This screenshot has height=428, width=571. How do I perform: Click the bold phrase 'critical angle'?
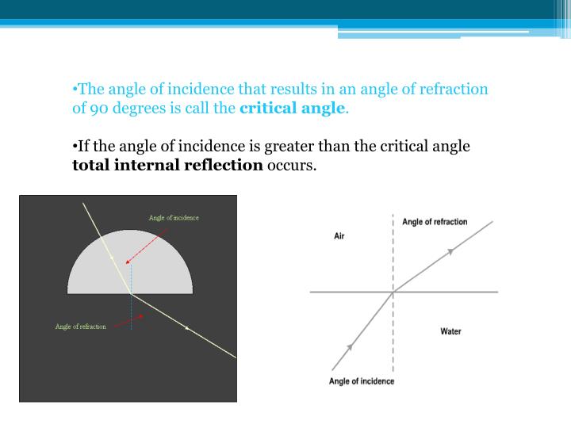(293, 109)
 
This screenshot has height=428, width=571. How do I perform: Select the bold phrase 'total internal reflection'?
(167, 166)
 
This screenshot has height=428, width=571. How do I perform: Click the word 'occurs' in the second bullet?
(291, 166)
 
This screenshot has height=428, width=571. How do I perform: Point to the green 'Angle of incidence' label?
(174, 218)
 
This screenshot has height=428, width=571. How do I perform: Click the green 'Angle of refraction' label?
(80, 327)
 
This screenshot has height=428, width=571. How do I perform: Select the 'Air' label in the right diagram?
(339, 236)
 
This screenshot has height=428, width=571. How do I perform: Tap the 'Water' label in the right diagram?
(450, 331)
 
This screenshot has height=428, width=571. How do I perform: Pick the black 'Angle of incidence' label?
(361, 381)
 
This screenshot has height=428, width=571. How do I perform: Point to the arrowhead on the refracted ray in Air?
(450, 251)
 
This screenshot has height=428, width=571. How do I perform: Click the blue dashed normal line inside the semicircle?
(132, 277)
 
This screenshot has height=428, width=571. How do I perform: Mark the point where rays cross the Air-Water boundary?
(393, 292)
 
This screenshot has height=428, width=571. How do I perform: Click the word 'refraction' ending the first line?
(454, 90)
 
